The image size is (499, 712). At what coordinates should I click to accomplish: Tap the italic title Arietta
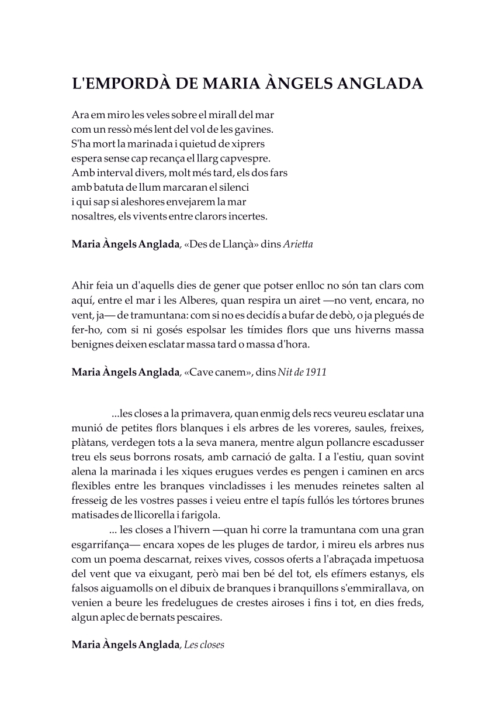click(x=298, y=245)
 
